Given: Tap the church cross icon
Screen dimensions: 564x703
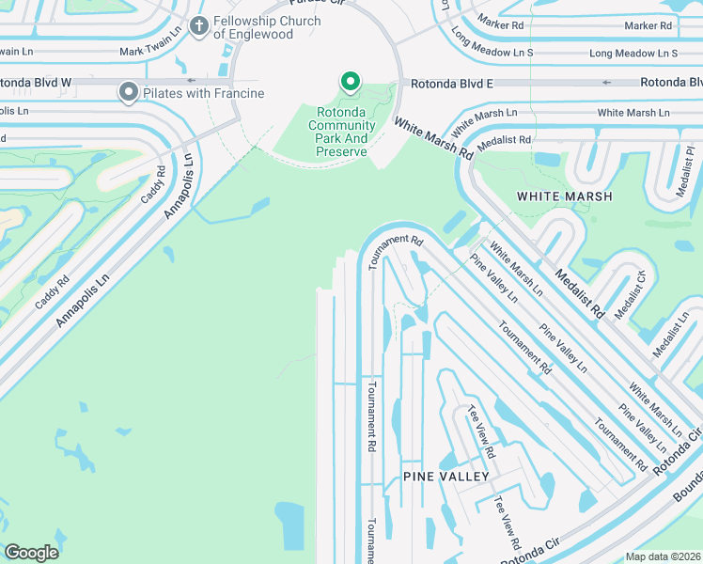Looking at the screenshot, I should (x=199, y=26).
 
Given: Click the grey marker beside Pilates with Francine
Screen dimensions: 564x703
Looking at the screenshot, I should (x=128, y=92).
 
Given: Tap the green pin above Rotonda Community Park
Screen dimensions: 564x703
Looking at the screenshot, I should (x=351, y=84).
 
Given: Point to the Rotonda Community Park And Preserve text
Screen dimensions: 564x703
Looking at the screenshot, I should (x=341, y=132).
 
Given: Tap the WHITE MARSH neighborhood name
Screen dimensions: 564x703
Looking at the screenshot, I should (x=564, y=196).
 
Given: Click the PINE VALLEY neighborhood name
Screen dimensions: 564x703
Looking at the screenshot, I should (x=446, y=477).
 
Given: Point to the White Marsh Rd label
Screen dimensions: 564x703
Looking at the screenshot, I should (x=433, y=137).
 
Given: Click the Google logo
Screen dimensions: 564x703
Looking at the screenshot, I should (x=31, y=552).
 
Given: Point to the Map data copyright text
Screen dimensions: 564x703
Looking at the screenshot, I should (x=663, y=556).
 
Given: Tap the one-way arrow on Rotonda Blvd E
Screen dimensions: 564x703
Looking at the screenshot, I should (x=606, y=83).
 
